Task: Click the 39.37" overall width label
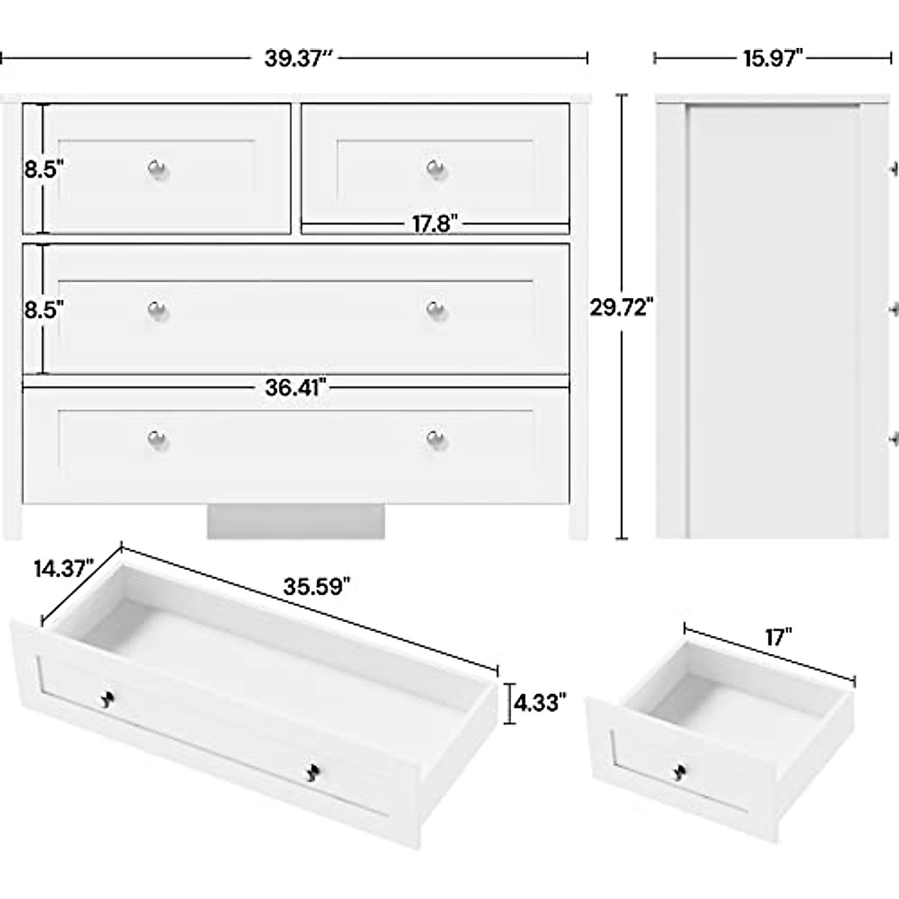click(x=297, y=58)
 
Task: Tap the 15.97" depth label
click(x=773, y=58)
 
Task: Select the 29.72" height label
click(x=622, y=308)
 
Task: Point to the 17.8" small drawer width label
click(x=435, y=223)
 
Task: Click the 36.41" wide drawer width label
click(x=296, y=387)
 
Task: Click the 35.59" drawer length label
click(x=317, y=587)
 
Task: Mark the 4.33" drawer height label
click(x=539, y=703)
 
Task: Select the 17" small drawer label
click(x=778, y=638)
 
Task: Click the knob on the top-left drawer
click(x=157, y=169)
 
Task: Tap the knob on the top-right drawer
click(x=436, y=169)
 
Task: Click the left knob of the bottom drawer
click(x=157, y=438)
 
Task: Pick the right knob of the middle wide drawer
click(x=436, y=309)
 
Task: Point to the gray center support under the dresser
click(x=296, y=521)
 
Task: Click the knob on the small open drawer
click(x=680, y=772)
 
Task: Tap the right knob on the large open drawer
click(x=313, y=772)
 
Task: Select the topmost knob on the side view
click(x=892, y=170)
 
